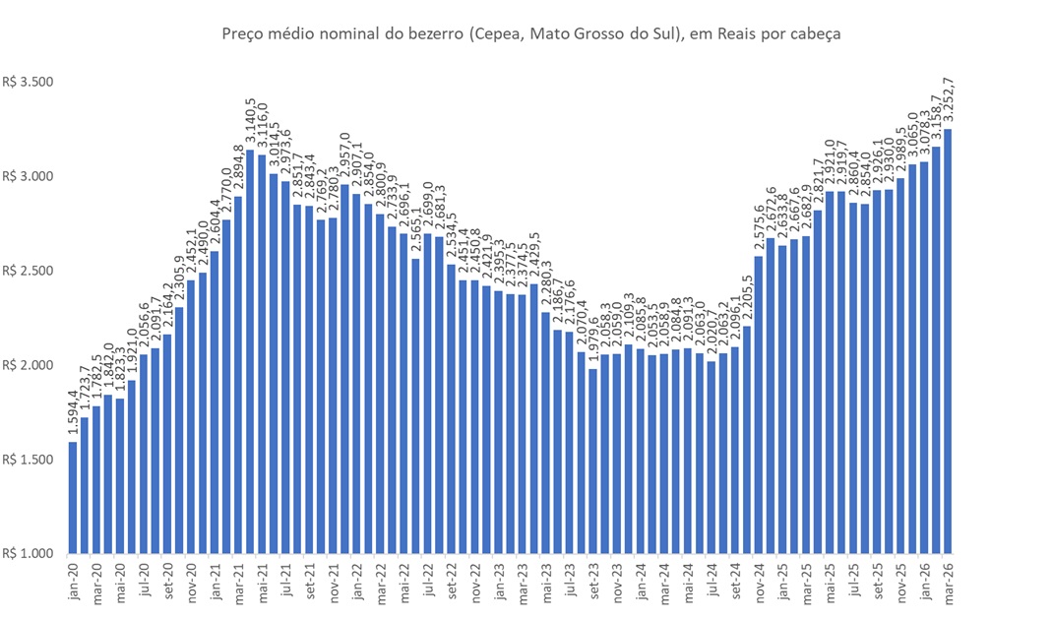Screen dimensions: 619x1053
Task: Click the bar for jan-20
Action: [73, 497]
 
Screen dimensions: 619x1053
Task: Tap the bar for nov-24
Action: [758, 404]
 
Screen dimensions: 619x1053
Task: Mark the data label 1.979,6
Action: [592, 343]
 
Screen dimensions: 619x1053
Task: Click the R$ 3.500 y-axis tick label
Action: [27, 83]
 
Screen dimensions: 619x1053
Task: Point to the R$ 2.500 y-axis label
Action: [27, 272]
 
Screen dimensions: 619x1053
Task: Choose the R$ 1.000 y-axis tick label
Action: [27, 554]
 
